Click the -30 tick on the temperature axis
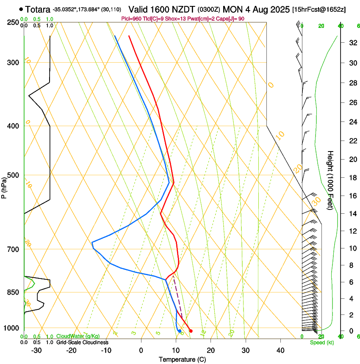[x=36, y=350]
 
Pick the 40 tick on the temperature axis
[x=280, y=350]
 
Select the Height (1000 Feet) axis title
[x=331, y=180]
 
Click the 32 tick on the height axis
[x=352, y=43]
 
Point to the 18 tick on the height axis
[x=352, y=178]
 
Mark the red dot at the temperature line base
[x=191, y=331]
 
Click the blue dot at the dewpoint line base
[x=180, y=331]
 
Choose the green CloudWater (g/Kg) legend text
[x=78, y=336]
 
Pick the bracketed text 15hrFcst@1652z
[x=319, y=9]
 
